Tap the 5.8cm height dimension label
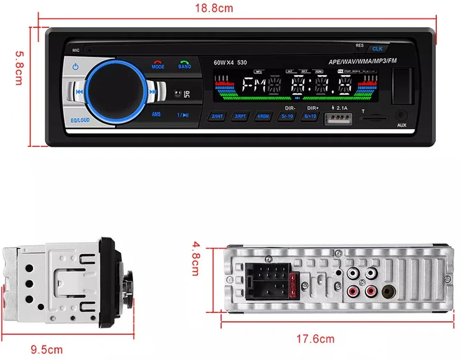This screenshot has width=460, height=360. [19, 70]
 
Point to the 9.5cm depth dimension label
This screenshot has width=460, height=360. [47, 349]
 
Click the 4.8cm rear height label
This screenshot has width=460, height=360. [195, 258]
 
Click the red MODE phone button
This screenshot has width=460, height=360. [158, 64]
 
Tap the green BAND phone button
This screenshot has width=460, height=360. [184, 64]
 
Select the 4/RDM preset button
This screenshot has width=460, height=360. [263, 117]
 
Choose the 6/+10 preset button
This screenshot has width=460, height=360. [310, 117]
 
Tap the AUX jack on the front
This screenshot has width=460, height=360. [401, 115]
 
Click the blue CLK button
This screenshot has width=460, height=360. [377, 49]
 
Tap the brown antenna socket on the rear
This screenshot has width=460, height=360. [389, 293]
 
